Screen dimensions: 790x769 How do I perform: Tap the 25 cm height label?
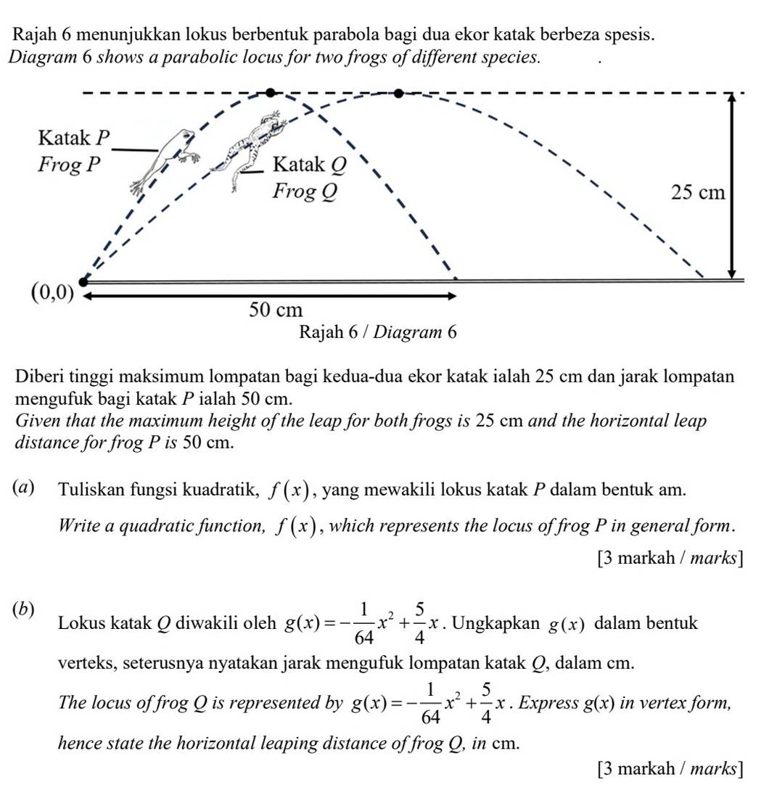(x=698, y=193)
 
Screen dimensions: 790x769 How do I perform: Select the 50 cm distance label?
(x=275, y=310)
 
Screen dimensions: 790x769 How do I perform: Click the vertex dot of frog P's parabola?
(x=271, y=93)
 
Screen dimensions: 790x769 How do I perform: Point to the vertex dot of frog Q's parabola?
(x=398, y=93)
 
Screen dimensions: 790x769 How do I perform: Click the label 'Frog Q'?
(x=304, y=192)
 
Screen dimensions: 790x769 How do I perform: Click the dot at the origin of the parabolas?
(x=83, y=281)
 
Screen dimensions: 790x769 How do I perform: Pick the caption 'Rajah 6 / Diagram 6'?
(x=378, y=332)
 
